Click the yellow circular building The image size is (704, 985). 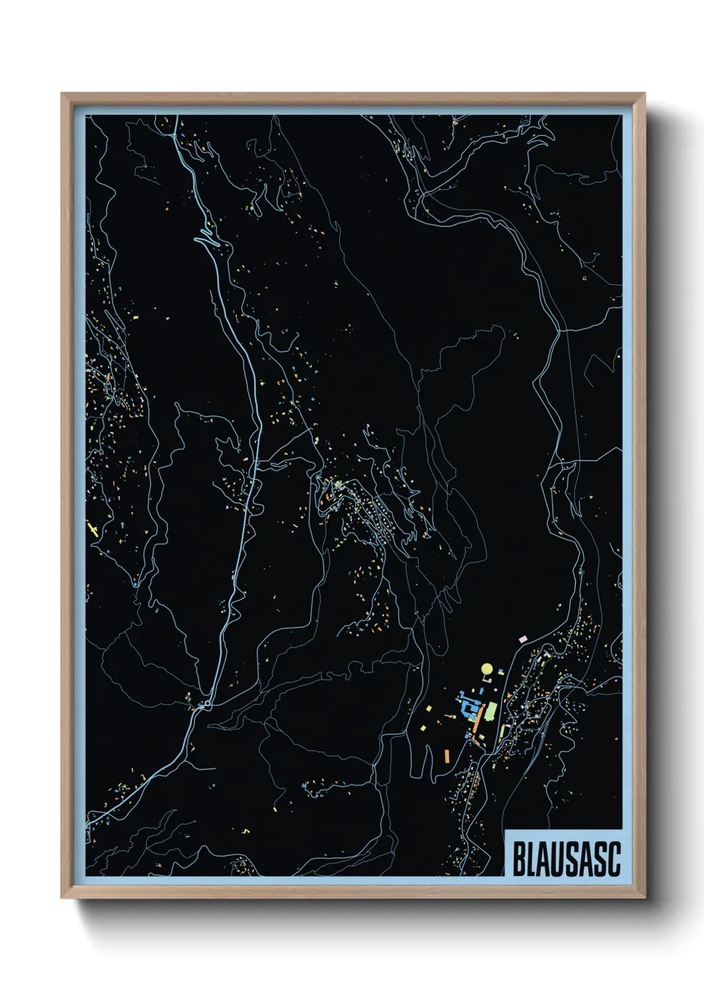click(486, 668)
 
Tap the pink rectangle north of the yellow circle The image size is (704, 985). click(522, 639)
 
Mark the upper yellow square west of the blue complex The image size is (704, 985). click(431, 708)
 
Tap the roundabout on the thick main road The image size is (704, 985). click(208, 703)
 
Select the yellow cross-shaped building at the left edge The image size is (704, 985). click(92, 530)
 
